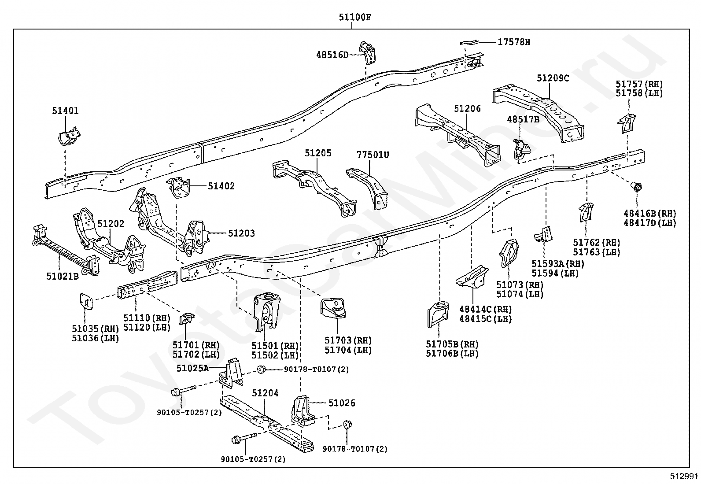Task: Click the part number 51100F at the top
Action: coord(355,17)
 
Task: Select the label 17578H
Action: coord(514,42)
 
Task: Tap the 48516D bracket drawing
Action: coord(367,52)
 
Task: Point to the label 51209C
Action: coord(553,78)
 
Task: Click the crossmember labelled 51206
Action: coord(457,135)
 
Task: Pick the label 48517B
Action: coord(523,119)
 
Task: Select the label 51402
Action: coord(221,186)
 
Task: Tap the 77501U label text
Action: coord(373,155)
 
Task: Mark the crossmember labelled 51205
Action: coord(314,188)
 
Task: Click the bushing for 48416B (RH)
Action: coord(636,187)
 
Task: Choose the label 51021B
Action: coord(63,277)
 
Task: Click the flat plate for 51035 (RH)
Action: coord(86,302)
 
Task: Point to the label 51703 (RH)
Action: coord(348,340)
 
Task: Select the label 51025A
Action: coord(192,368)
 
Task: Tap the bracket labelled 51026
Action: coord(303,411)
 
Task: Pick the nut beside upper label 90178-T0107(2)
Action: coord(261,369)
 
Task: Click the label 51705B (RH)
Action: coord(452,344)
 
